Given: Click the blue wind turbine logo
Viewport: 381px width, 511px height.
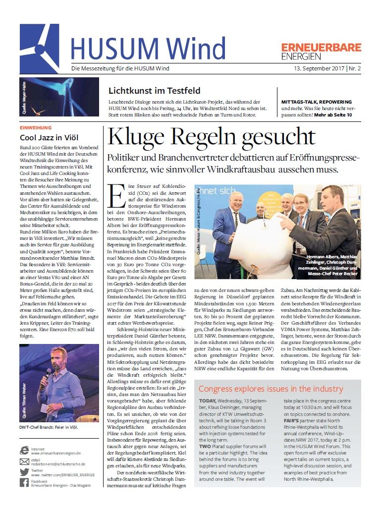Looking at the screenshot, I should coord(39,42).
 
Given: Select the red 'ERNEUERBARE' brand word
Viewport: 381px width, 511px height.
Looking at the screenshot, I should coord(321,48).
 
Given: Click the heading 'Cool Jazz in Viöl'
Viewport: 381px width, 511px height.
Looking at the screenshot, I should coord(49,138).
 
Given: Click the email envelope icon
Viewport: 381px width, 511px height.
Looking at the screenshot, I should coord(24,461).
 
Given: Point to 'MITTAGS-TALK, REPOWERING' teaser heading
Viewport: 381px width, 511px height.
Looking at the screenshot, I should coord(317,101).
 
